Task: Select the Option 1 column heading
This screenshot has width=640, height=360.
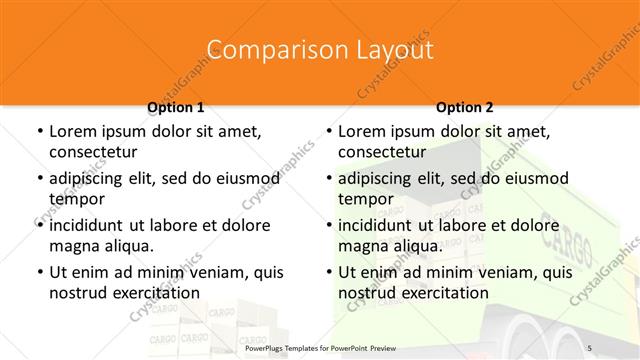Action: point(176,107)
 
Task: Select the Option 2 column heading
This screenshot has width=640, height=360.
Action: point(465,107)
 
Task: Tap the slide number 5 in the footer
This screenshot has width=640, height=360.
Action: point(590,345)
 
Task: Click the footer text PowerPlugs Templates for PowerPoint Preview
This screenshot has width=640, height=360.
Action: point(320,345)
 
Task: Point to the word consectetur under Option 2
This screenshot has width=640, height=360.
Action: point(382,152)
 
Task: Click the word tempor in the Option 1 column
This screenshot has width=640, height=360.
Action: point(76,199)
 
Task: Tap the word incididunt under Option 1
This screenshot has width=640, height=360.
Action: point(94,225)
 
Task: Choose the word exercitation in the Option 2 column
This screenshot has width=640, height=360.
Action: point(441,293)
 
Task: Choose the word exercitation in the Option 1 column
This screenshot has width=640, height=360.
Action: point(152,293)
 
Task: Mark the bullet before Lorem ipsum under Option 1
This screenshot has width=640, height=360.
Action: point(39,131)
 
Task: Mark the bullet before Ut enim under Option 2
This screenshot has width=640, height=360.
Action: point(328,272)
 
